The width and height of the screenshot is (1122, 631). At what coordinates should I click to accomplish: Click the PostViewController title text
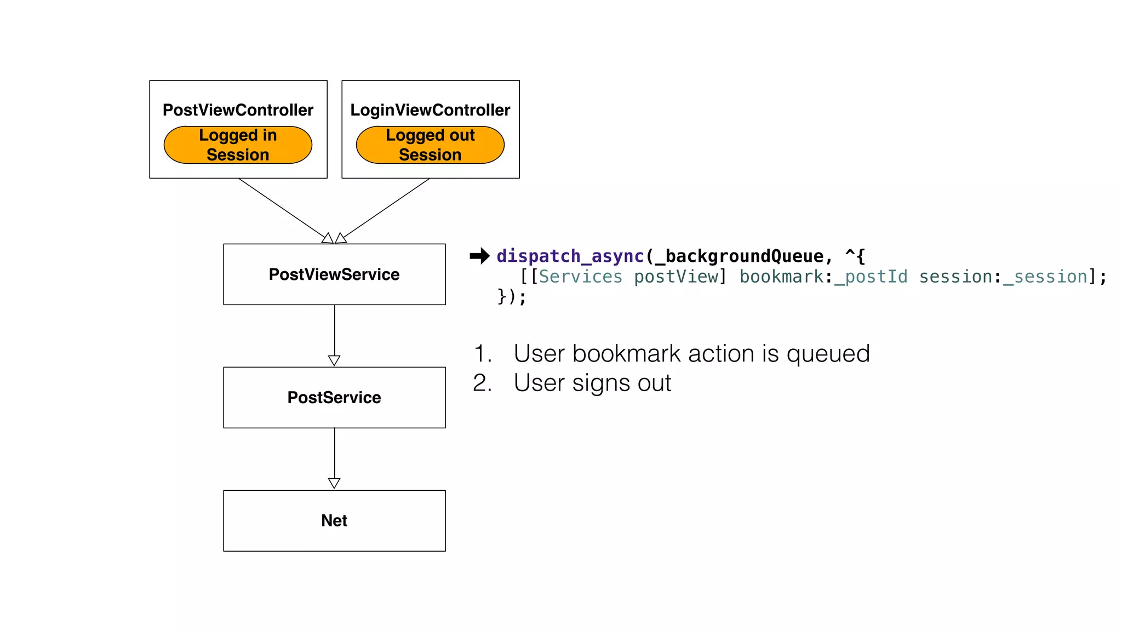tap(238, 110)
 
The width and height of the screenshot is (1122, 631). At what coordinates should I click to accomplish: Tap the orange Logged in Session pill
tap(238, 145)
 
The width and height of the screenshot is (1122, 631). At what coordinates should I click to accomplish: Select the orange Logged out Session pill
tap(430, 145)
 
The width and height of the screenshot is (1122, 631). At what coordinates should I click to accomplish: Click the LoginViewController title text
tap(430, 110)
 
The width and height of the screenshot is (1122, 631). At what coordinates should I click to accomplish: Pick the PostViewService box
tap(334, 274)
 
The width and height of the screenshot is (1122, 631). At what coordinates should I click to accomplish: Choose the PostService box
tap(334, 398)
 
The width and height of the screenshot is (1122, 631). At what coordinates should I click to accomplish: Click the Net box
tap(334, 520)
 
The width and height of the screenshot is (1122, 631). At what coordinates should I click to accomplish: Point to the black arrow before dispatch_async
tap(479, 256)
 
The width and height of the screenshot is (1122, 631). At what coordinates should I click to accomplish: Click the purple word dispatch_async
tap(570, 256)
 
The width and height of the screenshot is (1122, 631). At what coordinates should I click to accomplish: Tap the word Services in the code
tap(581, 277)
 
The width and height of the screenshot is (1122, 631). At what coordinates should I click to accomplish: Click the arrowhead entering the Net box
tap(334, 483)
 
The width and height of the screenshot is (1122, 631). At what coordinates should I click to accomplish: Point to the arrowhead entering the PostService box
tap(334, 360)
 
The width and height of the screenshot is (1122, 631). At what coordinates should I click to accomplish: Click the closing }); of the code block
tap(512, 297)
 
